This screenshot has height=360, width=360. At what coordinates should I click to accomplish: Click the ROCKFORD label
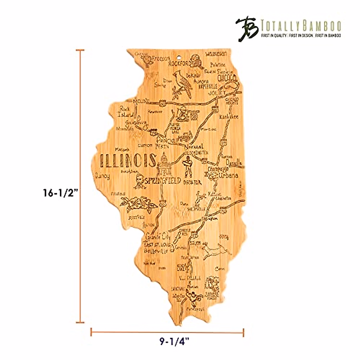pyautogui.click(x=179, y=63)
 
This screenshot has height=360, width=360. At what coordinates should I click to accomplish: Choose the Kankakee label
pyautogui.click(x=229, y=116)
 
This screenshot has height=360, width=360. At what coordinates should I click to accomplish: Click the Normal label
pyautogui.click(x=193, y=147)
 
